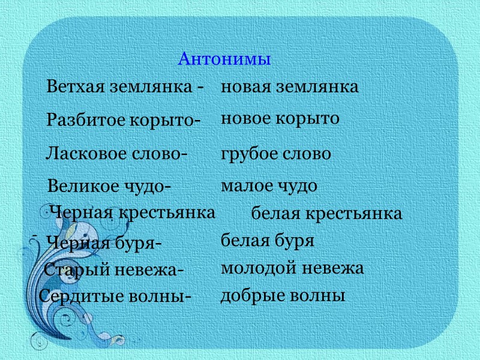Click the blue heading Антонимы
coord(225,59)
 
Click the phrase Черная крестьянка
coord(133,212)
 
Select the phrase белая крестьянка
coord(326,214)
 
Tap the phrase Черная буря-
coord(104,244)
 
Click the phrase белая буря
coord(268,241)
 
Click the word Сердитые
coord(76,296)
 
